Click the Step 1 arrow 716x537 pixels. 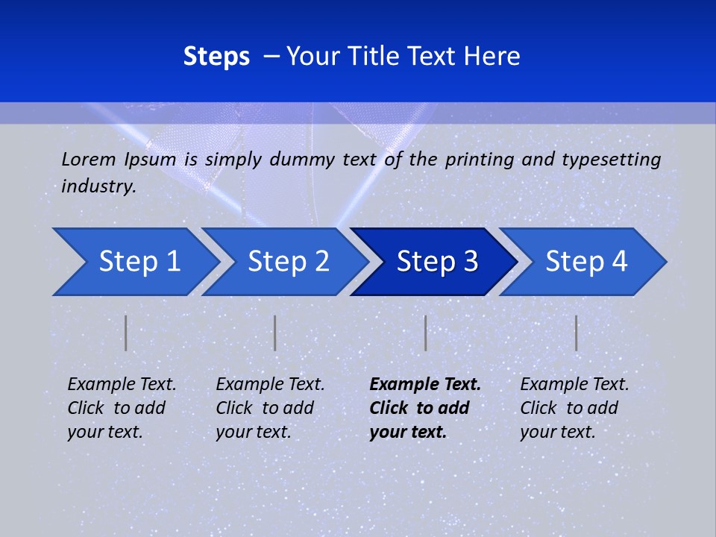(x=138, y=262)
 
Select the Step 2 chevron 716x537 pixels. (x=287, y=262)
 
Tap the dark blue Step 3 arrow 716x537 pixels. (x=436, y=262)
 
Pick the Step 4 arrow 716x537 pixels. (x=585, y=262)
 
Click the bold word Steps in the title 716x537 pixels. (x=216, y=57)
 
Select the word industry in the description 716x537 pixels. (x=98, y=186)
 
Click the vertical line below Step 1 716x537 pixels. (x=126, y=333)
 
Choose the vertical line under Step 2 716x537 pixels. (x=275, y=333)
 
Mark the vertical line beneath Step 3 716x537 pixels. (x=425, y=333)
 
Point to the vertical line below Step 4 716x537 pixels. (x=576, y=333)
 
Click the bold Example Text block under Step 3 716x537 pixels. (x=424, y=408)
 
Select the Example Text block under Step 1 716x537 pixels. (x=122, y=408)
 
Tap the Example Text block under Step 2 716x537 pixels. (x=270, y=408)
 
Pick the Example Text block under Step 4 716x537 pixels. (x=574, y=408)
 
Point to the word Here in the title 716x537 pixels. (x=492, y=57)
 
